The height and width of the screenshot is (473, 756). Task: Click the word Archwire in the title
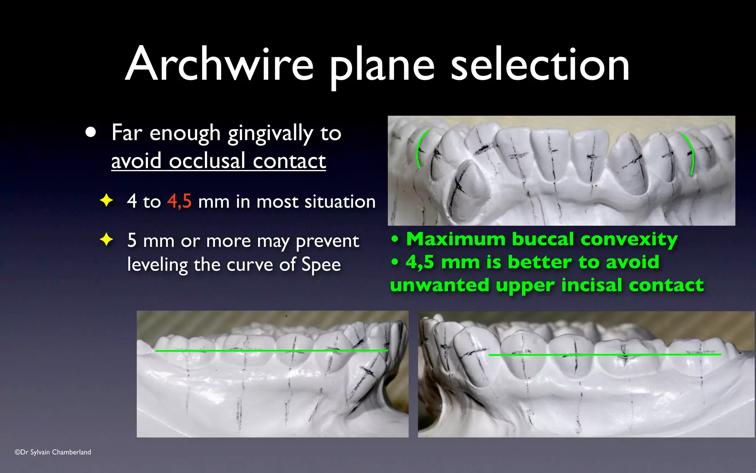coord(219,64)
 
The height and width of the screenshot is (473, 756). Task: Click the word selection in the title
coord(540,65)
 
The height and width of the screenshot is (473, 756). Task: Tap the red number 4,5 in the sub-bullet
coord(179,201)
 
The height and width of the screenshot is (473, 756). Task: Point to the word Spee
coord(321,265)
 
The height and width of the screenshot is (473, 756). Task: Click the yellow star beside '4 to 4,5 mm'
coord(106,200)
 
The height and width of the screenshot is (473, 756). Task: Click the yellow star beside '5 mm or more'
coord(106,239)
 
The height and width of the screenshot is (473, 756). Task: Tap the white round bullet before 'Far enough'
coord(90,132)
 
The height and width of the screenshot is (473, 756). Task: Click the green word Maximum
coord(456,239)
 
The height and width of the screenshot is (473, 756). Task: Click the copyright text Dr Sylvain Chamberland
coord(53,452)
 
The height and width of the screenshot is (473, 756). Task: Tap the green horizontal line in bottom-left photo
coord(271,350)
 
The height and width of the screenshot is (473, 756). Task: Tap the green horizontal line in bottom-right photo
coord(605,355)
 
